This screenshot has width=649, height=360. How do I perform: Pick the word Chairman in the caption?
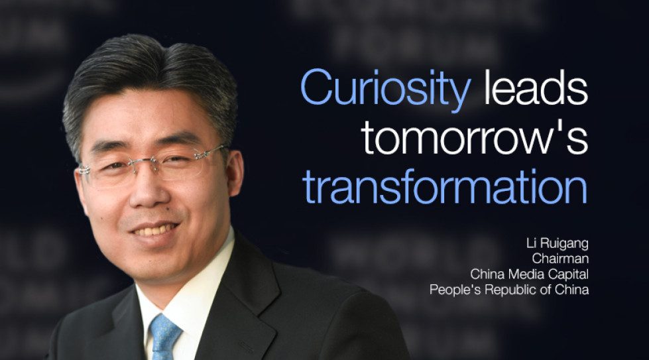click(560, 258)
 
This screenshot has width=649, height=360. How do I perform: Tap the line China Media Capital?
click(529, 274)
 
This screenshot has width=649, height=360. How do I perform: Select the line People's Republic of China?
click(508, 290)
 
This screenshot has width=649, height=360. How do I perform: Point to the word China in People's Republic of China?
click(572, 290)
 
